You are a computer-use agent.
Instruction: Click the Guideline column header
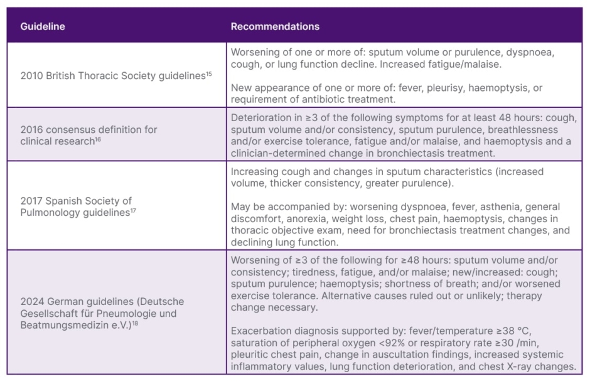click(43, 26)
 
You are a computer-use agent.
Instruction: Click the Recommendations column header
click(275, 26)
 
